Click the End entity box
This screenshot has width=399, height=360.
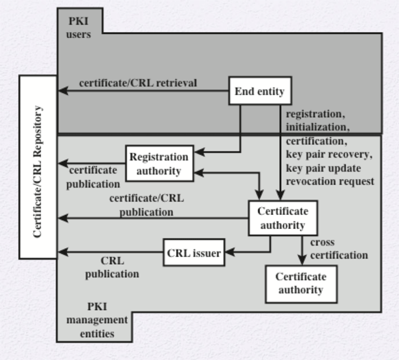260,92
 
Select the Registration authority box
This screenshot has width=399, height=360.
160,164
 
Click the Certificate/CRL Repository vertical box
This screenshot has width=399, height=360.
38,166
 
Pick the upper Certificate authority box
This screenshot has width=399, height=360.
282,218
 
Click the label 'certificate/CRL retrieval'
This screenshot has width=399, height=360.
138,83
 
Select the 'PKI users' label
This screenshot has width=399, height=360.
78,29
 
